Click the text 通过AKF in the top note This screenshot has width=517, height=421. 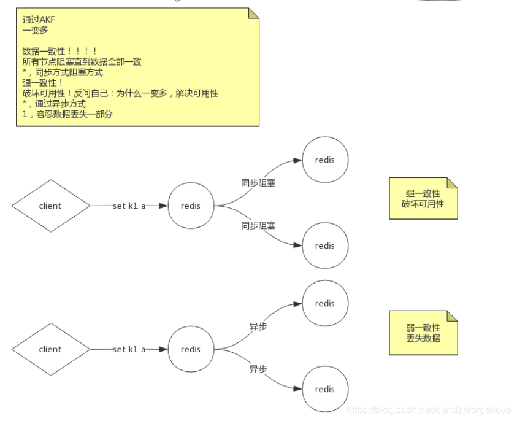pos(39,20)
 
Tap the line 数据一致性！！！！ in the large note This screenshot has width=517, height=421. pos(59,51)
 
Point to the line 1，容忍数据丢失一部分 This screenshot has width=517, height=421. pos(67,114)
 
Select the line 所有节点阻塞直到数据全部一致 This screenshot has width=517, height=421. pos(82,61)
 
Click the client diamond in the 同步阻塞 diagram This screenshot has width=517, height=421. pos(50,206)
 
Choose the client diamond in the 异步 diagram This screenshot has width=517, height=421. pos(50,349)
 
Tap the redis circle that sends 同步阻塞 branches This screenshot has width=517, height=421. pos(191,206)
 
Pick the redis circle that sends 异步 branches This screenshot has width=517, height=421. pos(191,349)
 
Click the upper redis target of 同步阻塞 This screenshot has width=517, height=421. pos(325,160)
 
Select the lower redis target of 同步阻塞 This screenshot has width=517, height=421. pos(325,245)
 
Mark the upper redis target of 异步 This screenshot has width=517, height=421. pos(325,303)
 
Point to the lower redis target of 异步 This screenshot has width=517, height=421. pos(325,389)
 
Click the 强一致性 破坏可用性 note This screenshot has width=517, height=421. pos(423,198)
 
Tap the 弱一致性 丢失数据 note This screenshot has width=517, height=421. pos(423,333)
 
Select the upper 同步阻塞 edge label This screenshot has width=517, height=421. pos(258,182)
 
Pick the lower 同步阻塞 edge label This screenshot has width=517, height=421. pos(258,226)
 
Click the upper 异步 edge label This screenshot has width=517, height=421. pos(258,326)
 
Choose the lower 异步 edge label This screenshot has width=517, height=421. pos(258,369)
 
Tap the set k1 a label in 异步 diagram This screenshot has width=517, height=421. pos(129,349)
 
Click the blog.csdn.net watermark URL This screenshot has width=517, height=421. pos(429,409)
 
